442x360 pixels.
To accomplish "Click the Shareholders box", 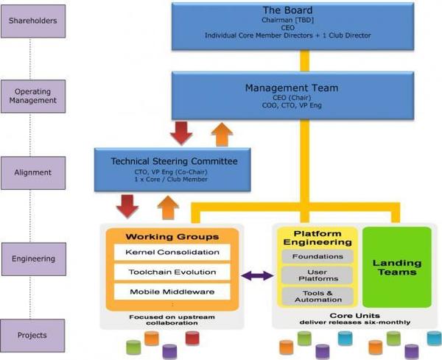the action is (33, 21).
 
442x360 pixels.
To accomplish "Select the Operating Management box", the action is (33, 96).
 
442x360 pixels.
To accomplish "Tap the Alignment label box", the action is (33, 173).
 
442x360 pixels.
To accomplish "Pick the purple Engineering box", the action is (34, 259).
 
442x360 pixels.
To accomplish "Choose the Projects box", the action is (32, 336).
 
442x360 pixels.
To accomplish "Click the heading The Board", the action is (288, 10).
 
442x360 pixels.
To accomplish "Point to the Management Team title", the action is (292, 88).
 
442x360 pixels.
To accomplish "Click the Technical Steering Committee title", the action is (174, 161).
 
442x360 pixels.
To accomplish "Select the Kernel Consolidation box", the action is (172, 252).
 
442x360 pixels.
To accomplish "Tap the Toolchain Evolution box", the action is (172, 272).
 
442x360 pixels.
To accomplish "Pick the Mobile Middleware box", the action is (172, 292).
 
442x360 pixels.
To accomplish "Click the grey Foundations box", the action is (318, 257).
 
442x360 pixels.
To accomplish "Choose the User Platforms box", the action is (318, 275).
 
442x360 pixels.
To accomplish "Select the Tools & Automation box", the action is (318, 297).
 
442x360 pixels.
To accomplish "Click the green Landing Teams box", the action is (397, 267).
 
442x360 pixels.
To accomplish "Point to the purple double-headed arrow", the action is (258, 275).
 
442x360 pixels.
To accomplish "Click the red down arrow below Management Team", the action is (181, 133).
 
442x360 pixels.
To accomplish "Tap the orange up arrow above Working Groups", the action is (168, 208).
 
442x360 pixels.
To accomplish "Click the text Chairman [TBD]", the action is (287, 21).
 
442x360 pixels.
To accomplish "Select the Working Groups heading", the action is (172, 237).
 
